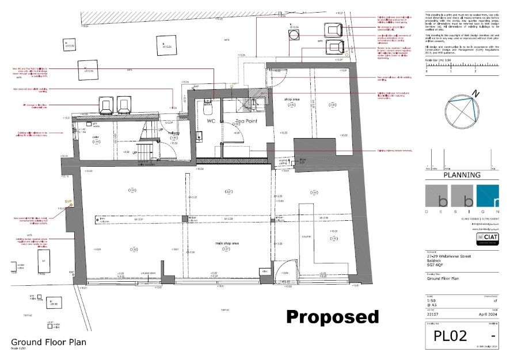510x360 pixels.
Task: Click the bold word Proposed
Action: point(333,317)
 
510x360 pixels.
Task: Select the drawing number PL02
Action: point(450,336)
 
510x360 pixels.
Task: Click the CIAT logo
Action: point(486,236)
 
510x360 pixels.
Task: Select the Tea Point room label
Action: point(248,122)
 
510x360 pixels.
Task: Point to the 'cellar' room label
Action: point(96,137)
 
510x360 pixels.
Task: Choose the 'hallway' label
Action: point(173,133)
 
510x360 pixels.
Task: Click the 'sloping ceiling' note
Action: point(283,163)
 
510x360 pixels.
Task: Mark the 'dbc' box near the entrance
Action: point(265,271)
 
